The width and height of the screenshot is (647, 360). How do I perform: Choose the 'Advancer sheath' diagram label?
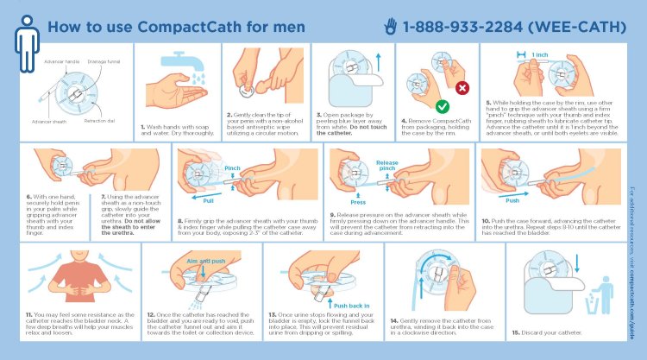49,122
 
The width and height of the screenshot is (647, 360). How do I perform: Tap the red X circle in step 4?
461,87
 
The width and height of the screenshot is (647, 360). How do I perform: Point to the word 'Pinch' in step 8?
232,167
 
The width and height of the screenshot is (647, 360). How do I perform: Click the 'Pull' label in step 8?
209,198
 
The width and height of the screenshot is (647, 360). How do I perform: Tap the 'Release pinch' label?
386,164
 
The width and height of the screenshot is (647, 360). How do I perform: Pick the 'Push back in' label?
351,306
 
